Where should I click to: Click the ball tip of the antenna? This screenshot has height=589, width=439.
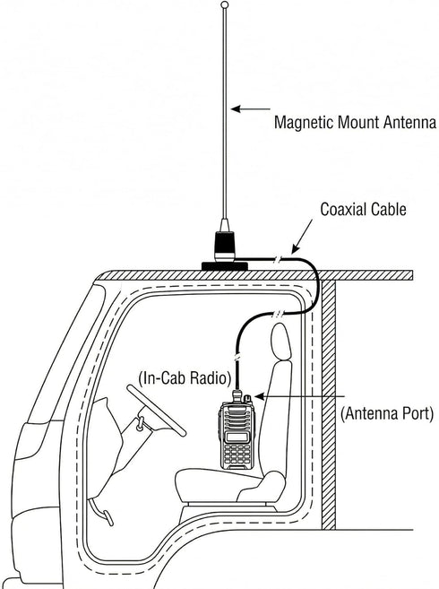[x=225, y=4]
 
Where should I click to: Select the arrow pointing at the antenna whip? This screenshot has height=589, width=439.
[x=251, y=109]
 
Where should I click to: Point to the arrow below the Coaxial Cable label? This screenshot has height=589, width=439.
[x=302, y=236]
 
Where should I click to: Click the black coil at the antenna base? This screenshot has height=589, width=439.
[x=225, y=246]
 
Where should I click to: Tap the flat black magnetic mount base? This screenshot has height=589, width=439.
[x=225, y=266]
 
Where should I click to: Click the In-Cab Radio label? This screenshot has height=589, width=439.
[x=185, y=378]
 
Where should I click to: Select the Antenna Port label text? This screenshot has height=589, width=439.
[x=387, y=413]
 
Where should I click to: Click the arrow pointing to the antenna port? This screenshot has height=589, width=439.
[x=299, y=396]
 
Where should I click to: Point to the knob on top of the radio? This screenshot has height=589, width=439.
[x=247, y=398]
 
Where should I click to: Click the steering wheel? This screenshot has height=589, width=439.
[x=156, y=411]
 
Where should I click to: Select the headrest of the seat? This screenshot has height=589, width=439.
[x=280, y=342]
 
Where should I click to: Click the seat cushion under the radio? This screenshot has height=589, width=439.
[x=230, y=484]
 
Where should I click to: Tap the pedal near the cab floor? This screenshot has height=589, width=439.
[x=108, y=518]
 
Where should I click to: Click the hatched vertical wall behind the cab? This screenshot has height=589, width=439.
[x=328, y=404]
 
